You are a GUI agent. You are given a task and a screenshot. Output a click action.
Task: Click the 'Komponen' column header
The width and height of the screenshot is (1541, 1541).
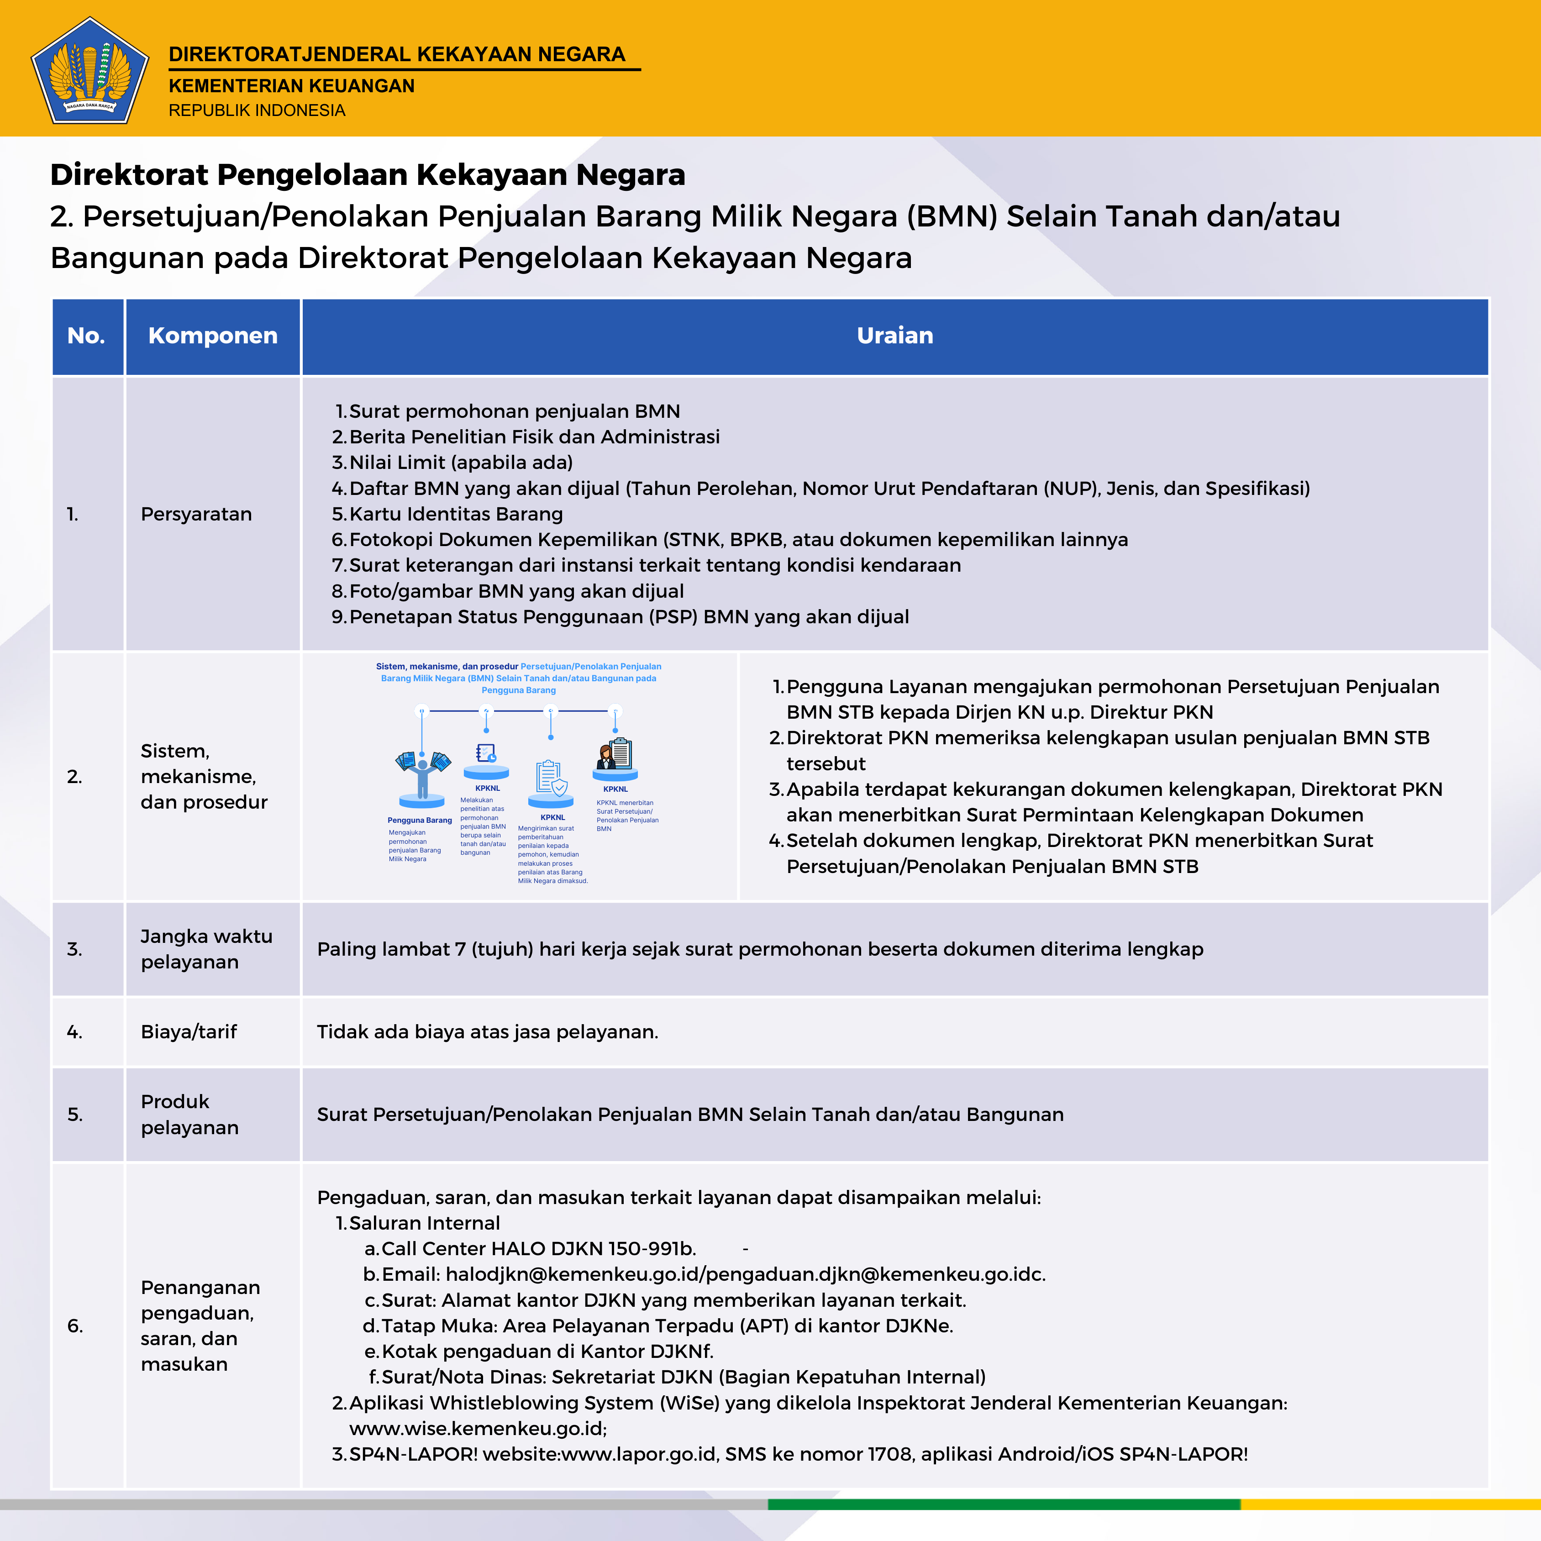[x=212, y=336]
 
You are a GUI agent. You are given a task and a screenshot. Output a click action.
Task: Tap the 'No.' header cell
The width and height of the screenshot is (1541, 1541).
[x=86, y=336]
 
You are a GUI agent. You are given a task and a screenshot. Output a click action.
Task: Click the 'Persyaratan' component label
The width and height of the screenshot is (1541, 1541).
[x=196, y=515]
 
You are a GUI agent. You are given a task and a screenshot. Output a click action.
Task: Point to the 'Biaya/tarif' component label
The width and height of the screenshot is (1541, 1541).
[x=189, y=1032]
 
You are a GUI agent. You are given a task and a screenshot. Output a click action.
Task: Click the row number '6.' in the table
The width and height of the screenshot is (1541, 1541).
[x=75, y=1325]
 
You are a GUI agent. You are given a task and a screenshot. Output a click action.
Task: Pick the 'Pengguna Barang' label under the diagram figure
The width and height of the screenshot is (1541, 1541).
[x=420, y=820]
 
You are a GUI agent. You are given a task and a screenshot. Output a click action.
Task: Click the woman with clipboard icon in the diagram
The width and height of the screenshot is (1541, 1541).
[x=615, y=754]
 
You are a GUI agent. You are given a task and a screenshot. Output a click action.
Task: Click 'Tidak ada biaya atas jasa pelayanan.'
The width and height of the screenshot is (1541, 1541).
[x=487, y=1032]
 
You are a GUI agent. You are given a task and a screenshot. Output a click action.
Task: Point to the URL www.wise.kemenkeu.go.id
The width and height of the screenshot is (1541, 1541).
[x=477, y=1429]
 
